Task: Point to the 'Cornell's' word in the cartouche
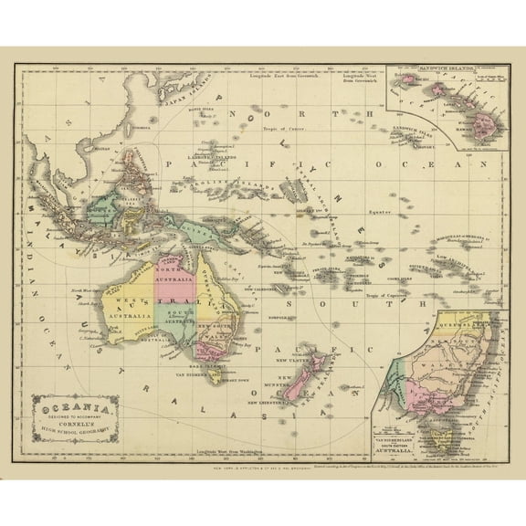[73, 421]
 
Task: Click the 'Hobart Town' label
[213, 383]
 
